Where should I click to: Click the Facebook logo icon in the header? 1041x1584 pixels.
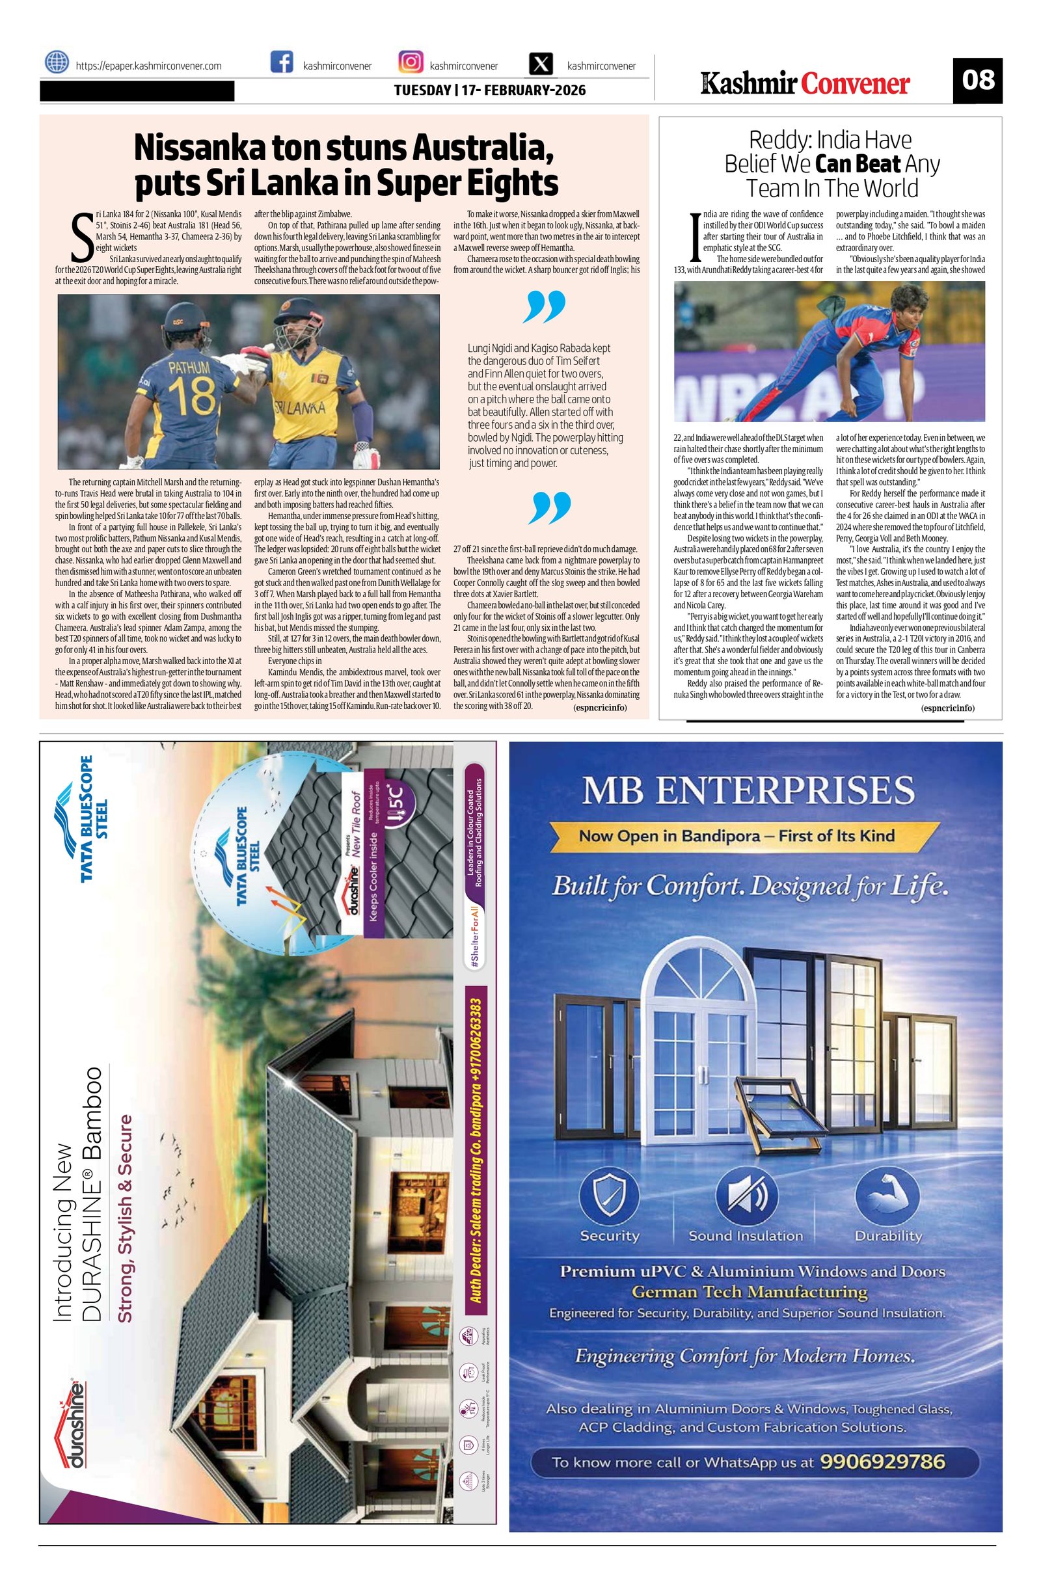[282, 62]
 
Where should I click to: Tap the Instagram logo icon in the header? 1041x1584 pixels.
[411, 62]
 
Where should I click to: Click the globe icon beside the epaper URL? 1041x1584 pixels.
[57, 62]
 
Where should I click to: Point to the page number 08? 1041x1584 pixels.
[977, 80]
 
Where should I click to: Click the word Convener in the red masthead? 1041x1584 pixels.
[856, 84]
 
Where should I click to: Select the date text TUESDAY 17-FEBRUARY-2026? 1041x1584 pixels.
[490, 90]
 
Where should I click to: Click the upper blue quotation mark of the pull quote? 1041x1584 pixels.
[546, 306]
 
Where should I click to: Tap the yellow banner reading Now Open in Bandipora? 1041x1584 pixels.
[736, 836]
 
